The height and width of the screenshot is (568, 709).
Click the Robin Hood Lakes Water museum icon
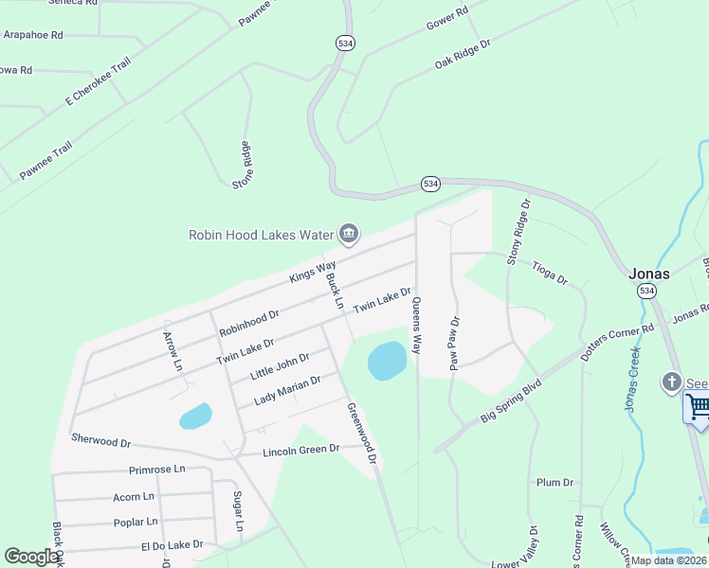tap(349, 234)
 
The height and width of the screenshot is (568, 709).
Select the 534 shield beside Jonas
tap(646, 290)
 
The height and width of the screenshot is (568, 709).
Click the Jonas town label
tap(649, 274)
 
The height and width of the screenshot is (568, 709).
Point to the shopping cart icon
tap(699, 407)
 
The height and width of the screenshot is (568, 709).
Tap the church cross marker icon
tap(672, 382)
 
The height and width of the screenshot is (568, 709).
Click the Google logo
tap(31, 557)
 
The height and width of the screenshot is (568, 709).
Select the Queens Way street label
tap(416, 326)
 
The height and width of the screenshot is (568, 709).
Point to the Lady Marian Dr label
tap(288, 391)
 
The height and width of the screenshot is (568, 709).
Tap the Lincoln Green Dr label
tap(300, 450)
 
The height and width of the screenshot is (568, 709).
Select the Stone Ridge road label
tap(243, 165)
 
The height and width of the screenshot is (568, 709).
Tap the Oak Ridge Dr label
tap(463, 55)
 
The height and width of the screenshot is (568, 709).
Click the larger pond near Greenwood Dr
tap(387, 361)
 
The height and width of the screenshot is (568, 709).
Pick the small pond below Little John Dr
tap(195, 416)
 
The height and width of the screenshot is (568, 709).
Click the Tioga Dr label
tap(549, 273)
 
